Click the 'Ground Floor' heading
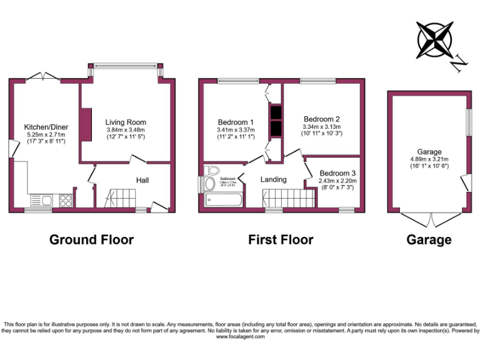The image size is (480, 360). click(91, 239)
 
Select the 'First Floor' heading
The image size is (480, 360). click(281, 239)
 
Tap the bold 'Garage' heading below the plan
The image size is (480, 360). click(429, 239)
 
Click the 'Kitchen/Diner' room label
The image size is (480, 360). click(46, 127)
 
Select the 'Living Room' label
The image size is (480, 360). click(126, 122)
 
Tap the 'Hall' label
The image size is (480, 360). click(142, 181)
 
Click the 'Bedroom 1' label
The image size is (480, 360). click(236, 122)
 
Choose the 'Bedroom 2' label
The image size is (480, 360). click(322, 119)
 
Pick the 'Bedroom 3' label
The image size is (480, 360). click(337, 173)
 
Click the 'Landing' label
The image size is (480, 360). click(273, 179)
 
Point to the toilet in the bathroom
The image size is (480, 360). click(212, 171)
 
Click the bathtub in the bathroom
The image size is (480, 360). click(223, 200)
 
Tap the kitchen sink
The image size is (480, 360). click(42, 201)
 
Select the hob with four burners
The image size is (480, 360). click(65, 201)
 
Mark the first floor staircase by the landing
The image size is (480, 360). click(288, 199)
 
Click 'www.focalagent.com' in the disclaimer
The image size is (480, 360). click(240, 337)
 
